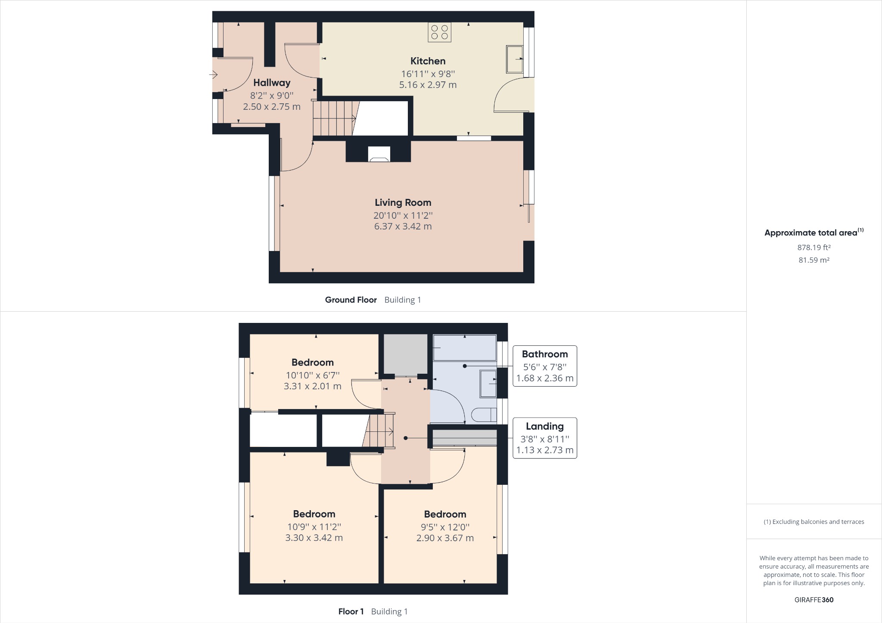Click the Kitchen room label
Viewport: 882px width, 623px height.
[x=428, y=61]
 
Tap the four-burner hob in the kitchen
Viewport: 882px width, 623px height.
[x=439, y=32]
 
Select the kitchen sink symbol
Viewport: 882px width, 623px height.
[x=514, y=59]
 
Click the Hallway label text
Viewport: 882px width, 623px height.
[x=272, y=83]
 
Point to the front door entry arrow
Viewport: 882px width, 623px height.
[x=213, y=75]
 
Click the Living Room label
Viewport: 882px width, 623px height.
[x=403, y=203]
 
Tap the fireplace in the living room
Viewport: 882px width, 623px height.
[x=379, y=154]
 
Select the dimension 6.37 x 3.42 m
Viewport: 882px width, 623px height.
[x=403, y=226]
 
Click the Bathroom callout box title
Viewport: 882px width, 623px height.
[x=545, y=354]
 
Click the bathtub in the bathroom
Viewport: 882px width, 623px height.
[x=464, y=348]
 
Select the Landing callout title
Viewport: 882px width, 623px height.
[x=545, y=427]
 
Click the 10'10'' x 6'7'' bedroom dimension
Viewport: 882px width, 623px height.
[x=313, y=375]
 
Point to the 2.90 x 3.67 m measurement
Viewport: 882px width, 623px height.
[x=445, y=538]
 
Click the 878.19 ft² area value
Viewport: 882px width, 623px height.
[x=814, y=248]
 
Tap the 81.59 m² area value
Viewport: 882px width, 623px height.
[x=814, y=260]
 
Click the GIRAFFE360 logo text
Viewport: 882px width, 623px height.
[x=814, y=600]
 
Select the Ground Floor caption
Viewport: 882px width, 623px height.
[x=351, y=300]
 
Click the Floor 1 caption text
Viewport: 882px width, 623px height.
[x=351, y=611]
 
